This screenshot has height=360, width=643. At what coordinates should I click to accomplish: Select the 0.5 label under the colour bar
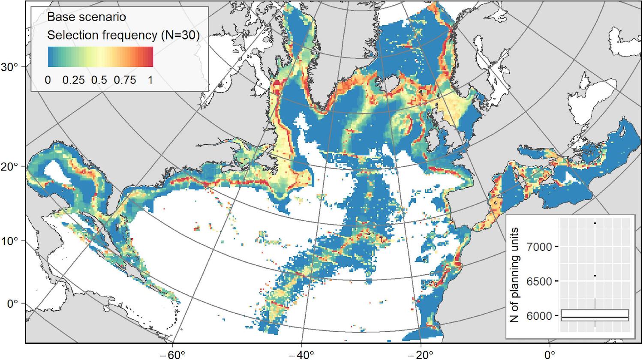(x=99, y=80)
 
